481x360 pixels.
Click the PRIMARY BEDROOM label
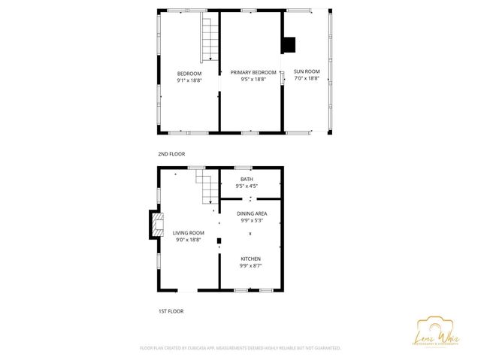[x=252, y=73]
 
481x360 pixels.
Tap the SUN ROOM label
[x=307, y=73]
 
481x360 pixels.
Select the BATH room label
[x=247, y=180]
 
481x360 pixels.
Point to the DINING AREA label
[x=252, y=213]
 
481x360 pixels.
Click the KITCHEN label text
[x=250, y=259]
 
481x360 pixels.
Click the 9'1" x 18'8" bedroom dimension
[x=189, y=80]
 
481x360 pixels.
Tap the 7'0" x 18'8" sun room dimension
[x=307, y=80]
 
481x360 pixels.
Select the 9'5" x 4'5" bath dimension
[x=247, y=186]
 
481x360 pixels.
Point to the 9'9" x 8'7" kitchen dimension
[x=250, y=265]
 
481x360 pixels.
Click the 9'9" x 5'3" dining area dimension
[x=252, y=220]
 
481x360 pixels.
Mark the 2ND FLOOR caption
[x=171, y=154]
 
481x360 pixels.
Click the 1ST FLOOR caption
[x=171, y=310]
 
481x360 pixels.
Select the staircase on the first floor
[x=206, y=186]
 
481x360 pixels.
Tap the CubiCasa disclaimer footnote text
[x=240, y=349]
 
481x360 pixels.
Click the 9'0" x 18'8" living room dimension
[x=189, y=241]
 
